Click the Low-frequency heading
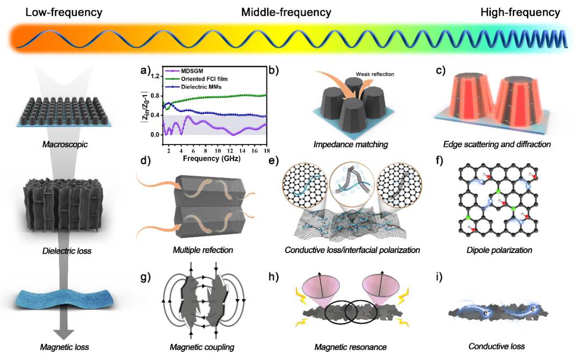point(64,12)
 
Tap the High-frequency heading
point(521,12)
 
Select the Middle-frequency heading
point(286,12)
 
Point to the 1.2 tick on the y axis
point(154,76)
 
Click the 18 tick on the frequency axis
point(266,153)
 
